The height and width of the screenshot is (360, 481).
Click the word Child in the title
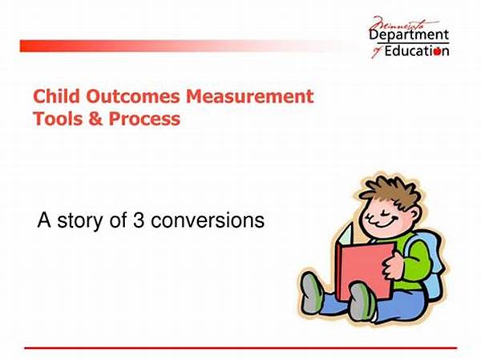56,96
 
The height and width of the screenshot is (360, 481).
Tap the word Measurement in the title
250,96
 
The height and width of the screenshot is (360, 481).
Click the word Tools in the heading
58,119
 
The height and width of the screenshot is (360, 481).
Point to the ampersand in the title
95,119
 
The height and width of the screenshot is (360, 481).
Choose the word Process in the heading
144,119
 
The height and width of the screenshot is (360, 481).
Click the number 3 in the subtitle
139,220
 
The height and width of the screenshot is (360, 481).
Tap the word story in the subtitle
79,221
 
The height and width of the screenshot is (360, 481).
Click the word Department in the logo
409,35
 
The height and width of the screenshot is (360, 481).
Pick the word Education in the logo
417,51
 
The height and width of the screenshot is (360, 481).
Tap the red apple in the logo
437,51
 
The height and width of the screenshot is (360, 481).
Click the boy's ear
414,214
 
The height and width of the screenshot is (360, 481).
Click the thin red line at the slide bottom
240,348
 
